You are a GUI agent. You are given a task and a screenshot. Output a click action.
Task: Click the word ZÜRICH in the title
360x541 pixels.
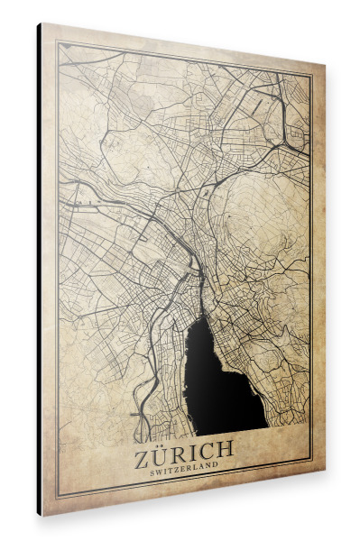(184, 448)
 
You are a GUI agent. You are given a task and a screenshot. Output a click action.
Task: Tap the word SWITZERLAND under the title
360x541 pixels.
(184, 467)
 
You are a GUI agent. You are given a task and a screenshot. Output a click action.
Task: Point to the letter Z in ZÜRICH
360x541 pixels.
(144, 447)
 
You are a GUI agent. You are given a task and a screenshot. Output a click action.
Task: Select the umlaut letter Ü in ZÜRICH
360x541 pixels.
(163, 447)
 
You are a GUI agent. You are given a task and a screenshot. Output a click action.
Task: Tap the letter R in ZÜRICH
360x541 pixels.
(181, 448)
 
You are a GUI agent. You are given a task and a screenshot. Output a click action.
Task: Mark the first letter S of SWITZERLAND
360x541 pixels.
(152, 466)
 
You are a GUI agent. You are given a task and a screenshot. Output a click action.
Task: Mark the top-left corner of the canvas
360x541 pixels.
(42, 23)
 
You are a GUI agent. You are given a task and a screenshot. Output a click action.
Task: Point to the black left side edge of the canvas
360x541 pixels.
(39, 270)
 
